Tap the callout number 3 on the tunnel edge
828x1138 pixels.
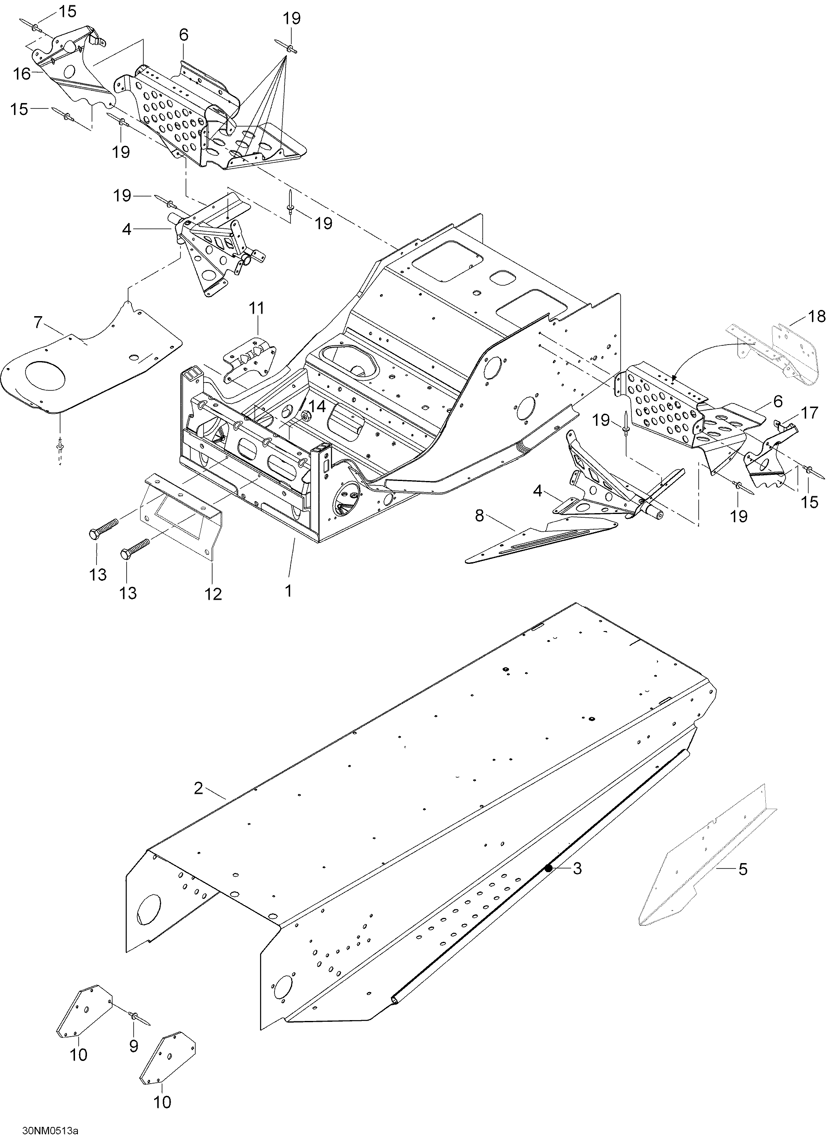(577, 868)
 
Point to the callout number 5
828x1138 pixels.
(743, 868)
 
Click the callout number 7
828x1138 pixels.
(39, 323)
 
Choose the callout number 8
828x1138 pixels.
(480, 515)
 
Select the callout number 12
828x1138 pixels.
(213, 594)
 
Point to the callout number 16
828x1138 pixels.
(21, 74)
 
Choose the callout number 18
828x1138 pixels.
(816, 316)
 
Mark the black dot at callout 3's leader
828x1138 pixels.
(549, 868)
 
